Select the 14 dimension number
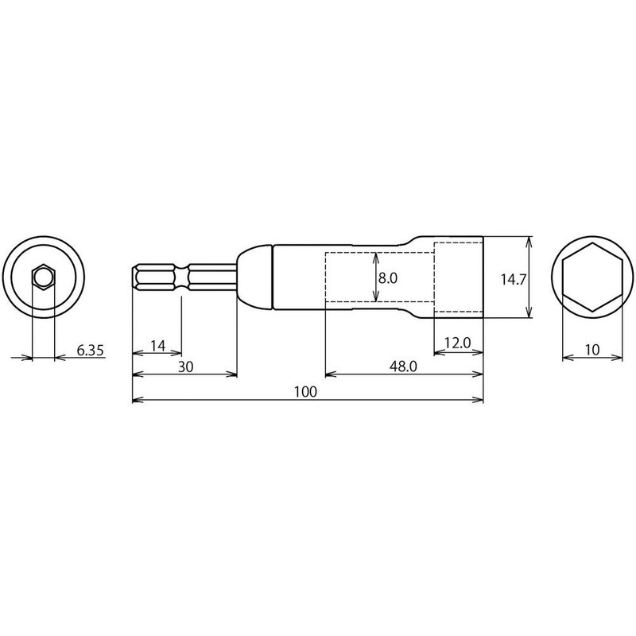click(157, 345)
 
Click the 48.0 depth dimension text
click(403, 366)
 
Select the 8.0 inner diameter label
click(387, 278)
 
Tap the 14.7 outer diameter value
click(513, 278)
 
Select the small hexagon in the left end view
click(43, 277)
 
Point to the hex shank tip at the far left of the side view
click(134, 277)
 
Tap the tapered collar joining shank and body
click(254, 277)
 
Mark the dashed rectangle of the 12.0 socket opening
click(459, 277)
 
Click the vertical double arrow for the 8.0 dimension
click(374, 277)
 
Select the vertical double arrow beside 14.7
click(529, 277)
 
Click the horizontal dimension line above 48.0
click(405, 374)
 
